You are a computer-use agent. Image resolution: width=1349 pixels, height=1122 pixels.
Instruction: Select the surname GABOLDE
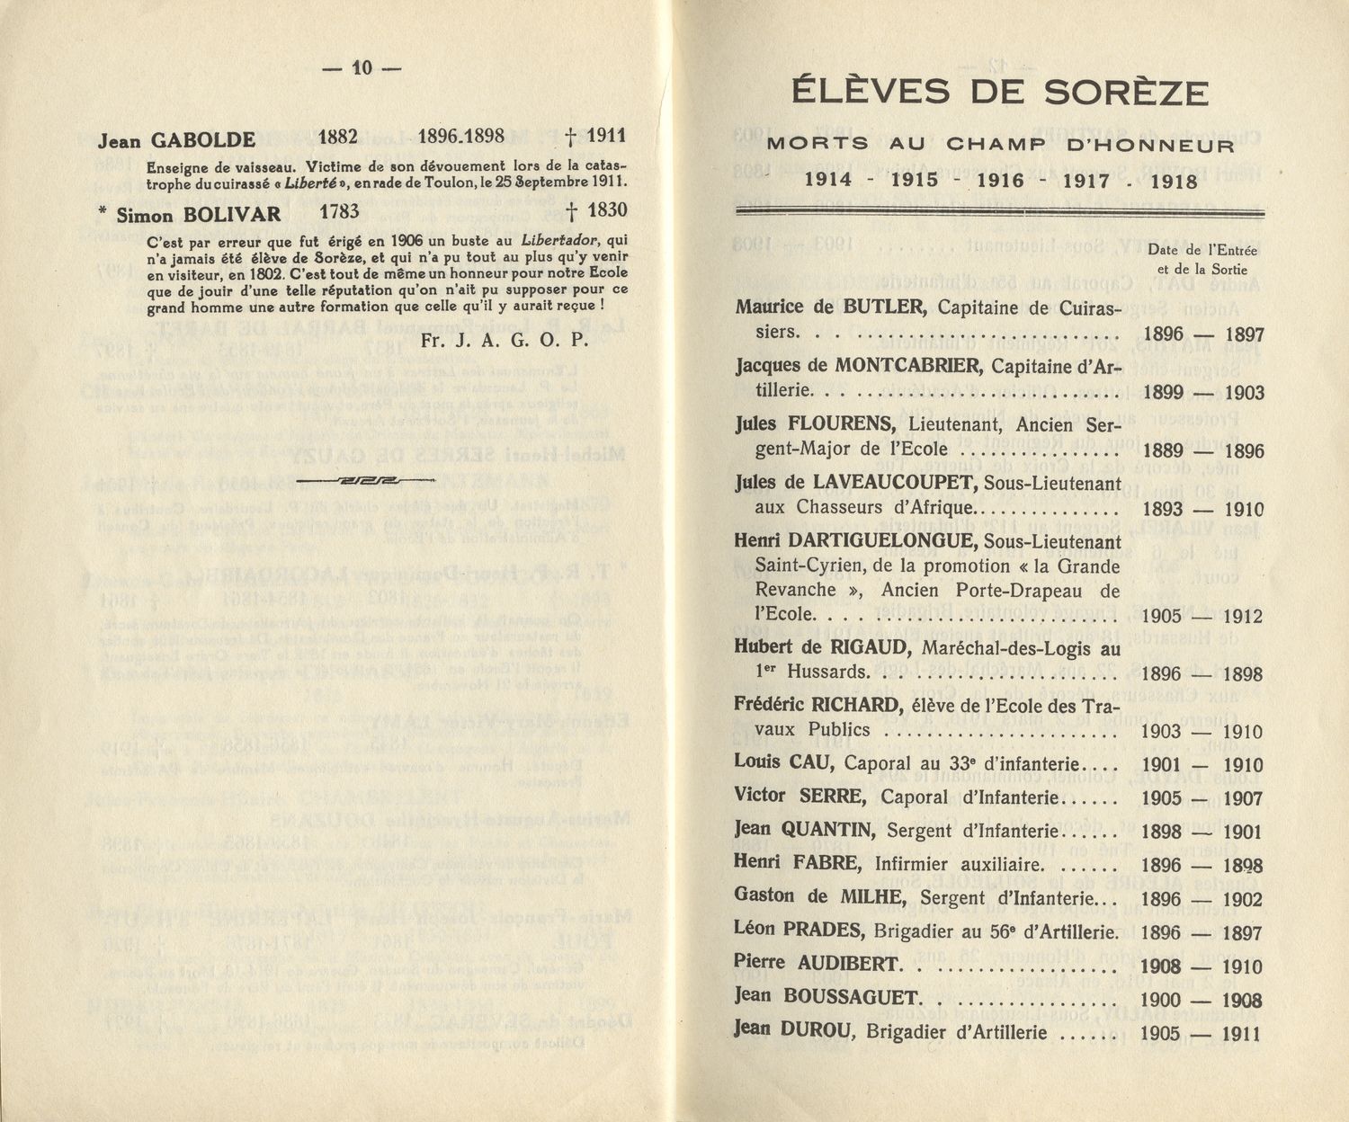[203, 140]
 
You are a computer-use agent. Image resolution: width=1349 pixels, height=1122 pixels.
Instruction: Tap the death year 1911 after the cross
[606, 137]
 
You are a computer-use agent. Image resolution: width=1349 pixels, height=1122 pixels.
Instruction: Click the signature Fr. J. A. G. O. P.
[504, 340]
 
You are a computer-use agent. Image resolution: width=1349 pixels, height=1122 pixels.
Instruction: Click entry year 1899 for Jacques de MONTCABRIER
[1164, 392]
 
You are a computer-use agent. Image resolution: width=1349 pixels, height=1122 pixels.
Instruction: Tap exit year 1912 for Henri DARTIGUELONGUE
[1242, 617]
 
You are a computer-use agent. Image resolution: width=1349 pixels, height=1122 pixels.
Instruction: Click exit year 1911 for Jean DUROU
[1241, 1033]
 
